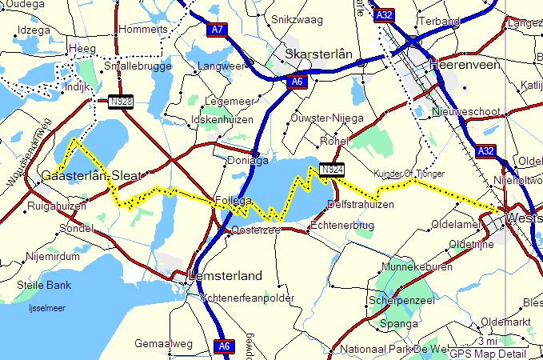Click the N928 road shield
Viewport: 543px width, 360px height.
[x=119, y=102]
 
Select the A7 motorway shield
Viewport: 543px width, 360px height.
[x=216, y=30]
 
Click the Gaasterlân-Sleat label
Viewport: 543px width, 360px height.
[x=90, y=176]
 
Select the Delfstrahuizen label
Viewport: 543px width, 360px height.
[x=361, y=205]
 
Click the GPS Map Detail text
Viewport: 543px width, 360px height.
[x=487, y=354]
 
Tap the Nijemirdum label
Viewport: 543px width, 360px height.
[x=54, y=258]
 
